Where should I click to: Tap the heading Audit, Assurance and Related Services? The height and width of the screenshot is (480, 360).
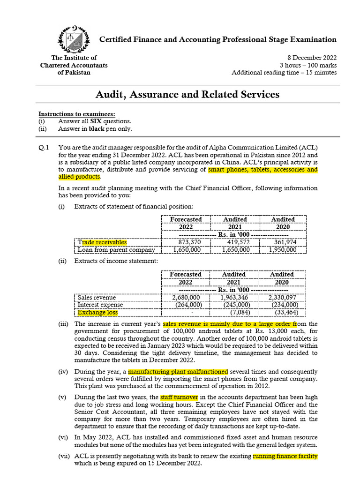click(x=187, y=95)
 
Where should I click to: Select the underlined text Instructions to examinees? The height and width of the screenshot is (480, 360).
click(x=76, y=114)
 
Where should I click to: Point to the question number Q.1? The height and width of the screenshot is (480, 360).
click(x=45, y=148)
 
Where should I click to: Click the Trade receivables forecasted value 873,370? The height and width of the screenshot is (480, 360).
click(x=186, y=242)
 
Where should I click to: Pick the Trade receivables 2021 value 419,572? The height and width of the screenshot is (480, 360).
click(x=235, y=242)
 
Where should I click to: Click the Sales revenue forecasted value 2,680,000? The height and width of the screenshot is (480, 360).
click(x=186, y=297)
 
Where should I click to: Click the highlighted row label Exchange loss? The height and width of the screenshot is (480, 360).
click(x=98, y=312)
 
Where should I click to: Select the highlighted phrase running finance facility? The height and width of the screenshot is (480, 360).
click(x=285, y=456)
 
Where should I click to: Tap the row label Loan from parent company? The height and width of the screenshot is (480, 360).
click(x=116, y=250)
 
